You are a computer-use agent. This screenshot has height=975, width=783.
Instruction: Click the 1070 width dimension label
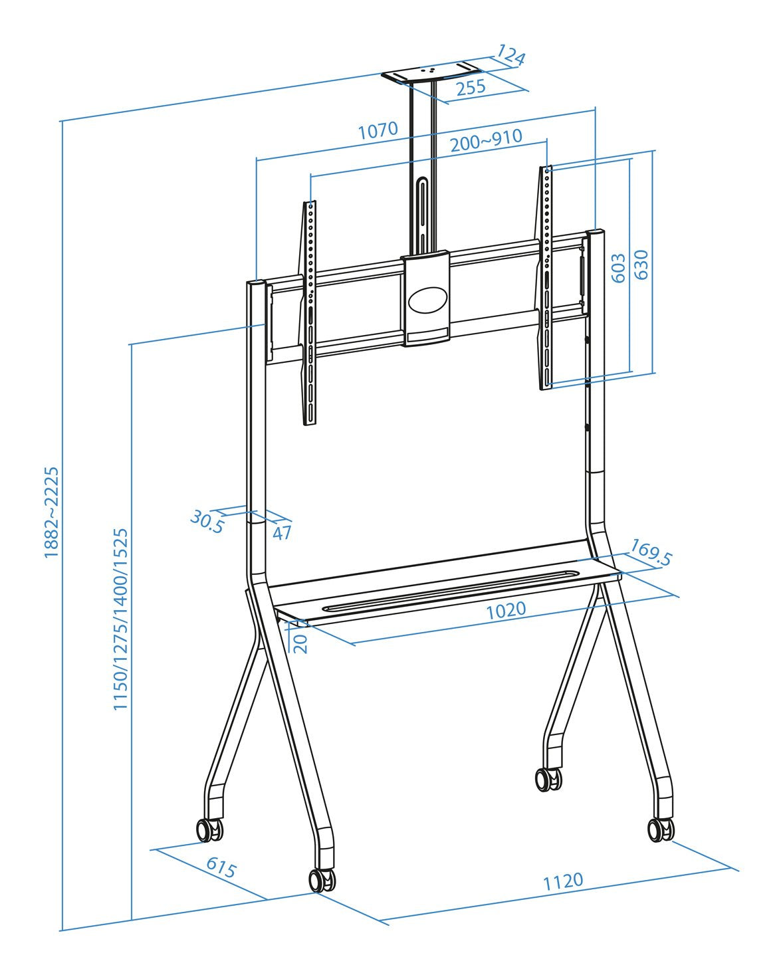(x=378, y=130)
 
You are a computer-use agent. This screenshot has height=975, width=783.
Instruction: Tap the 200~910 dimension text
(x=485, y=140)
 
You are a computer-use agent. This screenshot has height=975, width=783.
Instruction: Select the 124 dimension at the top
(x=510, y=56)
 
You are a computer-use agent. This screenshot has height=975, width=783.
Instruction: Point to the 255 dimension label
(x=471, y=87)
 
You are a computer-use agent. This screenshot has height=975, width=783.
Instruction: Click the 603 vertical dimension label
(x=618, y=268)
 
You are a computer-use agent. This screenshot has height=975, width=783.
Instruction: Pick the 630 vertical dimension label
(x=641, y=265)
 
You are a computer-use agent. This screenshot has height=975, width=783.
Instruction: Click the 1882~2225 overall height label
(x=52, y=512)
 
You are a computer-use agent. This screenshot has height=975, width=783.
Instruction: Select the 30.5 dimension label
(x=207, y=521)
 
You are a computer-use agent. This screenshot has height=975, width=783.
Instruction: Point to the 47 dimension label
(x=282, y=532)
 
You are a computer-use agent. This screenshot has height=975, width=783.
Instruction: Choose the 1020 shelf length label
(x=506, y=609)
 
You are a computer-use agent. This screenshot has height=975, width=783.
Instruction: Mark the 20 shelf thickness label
(x=301, y=643)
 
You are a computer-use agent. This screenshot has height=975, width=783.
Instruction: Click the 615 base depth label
(x=221, y=867)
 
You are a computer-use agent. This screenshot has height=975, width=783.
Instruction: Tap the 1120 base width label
(x=563, y=881)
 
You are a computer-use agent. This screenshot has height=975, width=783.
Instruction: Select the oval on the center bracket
(x=428, y=300)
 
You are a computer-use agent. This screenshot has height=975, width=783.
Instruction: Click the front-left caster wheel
(x=322, y=880)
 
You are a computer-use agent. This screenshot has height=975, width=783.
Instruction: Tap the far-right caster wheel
(x=661, y=829)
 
